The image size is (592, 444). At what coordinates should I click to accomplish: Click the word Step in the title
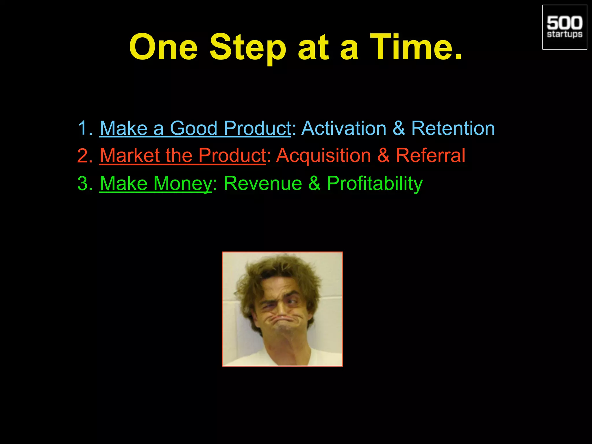click(248, 48)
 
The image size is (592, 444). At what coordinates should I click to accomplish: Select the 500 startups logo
click(565, 27)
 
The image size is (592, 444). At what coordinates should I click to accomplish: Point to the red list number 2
click(84, 156)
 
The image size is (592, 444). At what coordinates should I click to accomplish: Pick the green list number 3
click(84, 184)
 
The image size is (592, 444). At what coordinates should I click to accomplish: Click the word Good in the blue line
click(193, 128)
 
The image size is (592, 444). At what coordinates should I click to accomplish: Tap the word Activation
click(344, 128)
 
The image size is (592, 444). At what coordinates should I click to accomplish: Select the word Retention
click(453, 128)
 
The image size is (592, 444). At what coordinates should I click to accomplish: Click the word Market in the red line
click(130, 156)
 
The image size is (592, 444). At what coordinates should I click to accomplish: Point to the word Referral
click(430, 156)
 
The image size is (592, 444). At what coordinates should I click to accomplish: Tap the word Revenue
click(263, 183)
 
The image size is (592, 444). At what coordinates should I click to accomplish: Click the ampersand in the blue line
click(399, 128)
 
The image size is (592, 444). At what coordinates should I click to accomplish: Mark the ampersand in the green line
click(314, 183)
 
